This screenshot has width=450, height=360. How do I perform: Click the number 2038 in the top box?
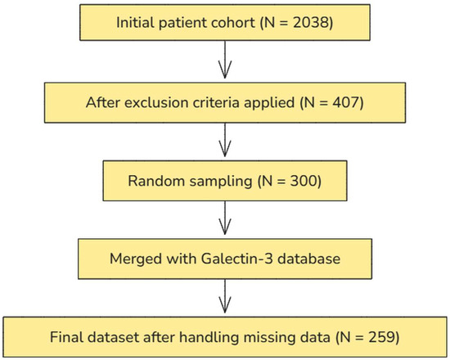(x=310, y=22)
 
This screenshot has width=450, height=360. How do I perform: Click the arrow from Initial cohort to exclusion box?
(x=225, y=59)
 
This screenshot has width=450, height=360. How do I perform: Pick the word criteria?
(x=216, y=102)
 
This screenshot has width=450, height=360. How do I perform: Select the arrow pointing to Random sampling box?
(x=225, y=140)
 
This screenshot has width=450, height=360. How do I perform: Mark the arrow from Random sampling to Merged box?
(x=225, y=218)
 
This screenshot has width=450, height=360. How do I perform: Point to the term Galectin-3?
(x=236, y=259)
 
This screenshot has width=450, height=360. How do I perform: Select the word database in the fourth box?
(x=308, y=259)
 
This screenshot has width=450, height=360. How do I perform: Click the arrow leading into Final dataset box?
(x=225, y=296)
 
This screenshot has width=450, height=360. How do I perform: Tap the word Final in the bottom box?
(x=66, y=337)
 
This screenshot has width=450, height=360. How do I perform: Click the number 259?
(x=381, y=337)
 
